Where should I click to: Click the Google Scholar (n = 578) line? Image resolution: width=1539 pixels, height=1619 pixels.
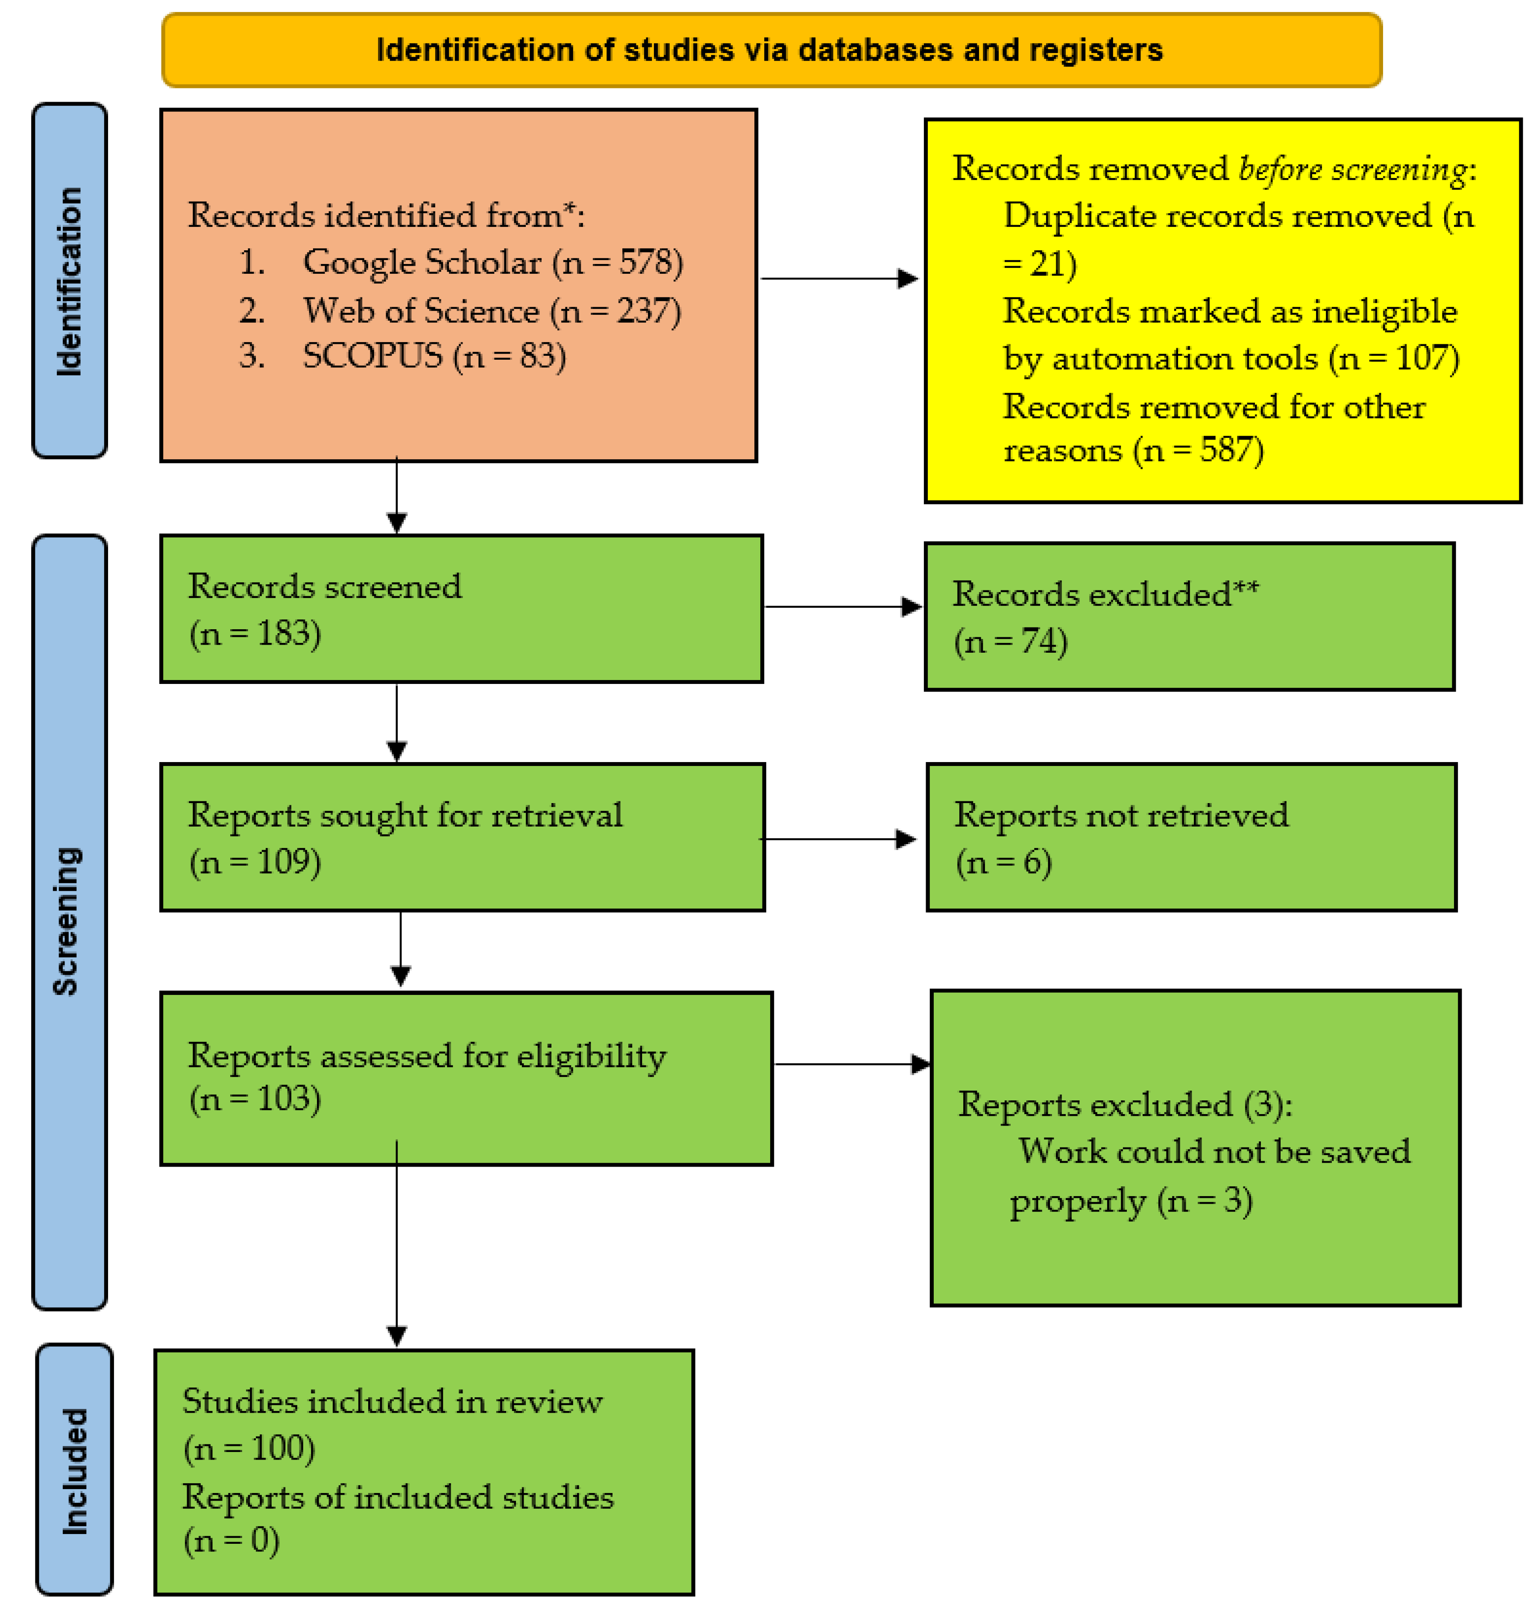click(492, 263)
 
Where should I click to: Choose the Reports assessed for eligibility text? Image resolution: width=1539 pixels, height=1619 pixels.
click(427, 1056)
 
